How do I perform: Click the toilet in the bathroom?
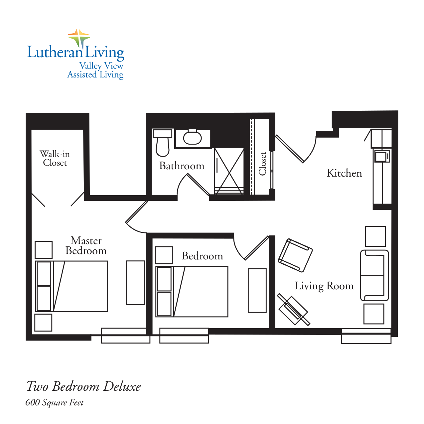[x=163, y=144]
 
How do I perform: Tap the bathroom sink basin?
[x=193, y=138]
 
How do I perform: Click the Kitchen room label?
[x=344, y=173]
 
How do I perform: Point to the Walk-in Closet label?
[x=55, y=158]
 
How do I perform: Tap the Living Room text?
[x=324, y=286]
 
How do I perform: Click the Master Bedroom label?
[x=86, y=245]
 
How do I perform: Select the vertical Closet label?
[x=263, y=164]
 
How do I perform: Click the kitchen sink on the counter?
[x=382, y=156]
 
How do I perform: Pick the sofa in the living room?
[x=374, y=275]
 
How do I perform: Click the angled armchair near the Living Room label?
[x=295, y=255]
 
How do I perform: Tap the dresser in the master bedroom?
[x=135, y=283]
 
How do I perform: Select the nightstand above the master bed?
[x=44, y=250]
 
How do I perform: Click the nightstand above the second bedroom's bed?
[x=164, y=255]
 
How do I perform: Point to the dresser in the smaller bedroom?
[x=257, y=290]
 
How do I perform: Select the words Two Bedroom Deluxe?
[x=83, y=386]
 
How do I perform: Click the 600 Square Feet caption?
[x=55, y=403]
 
